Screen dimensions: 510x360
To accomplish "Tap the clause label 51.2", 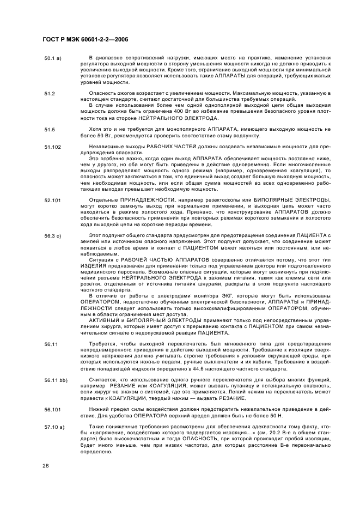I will [50, 93].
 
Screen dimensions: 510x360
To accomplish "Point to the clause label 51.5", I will [50, 129].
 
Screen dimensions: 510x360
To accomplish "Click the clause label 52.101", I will [53, 200].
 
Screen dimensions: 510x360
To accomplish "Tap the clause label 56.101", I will [53, 408].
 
